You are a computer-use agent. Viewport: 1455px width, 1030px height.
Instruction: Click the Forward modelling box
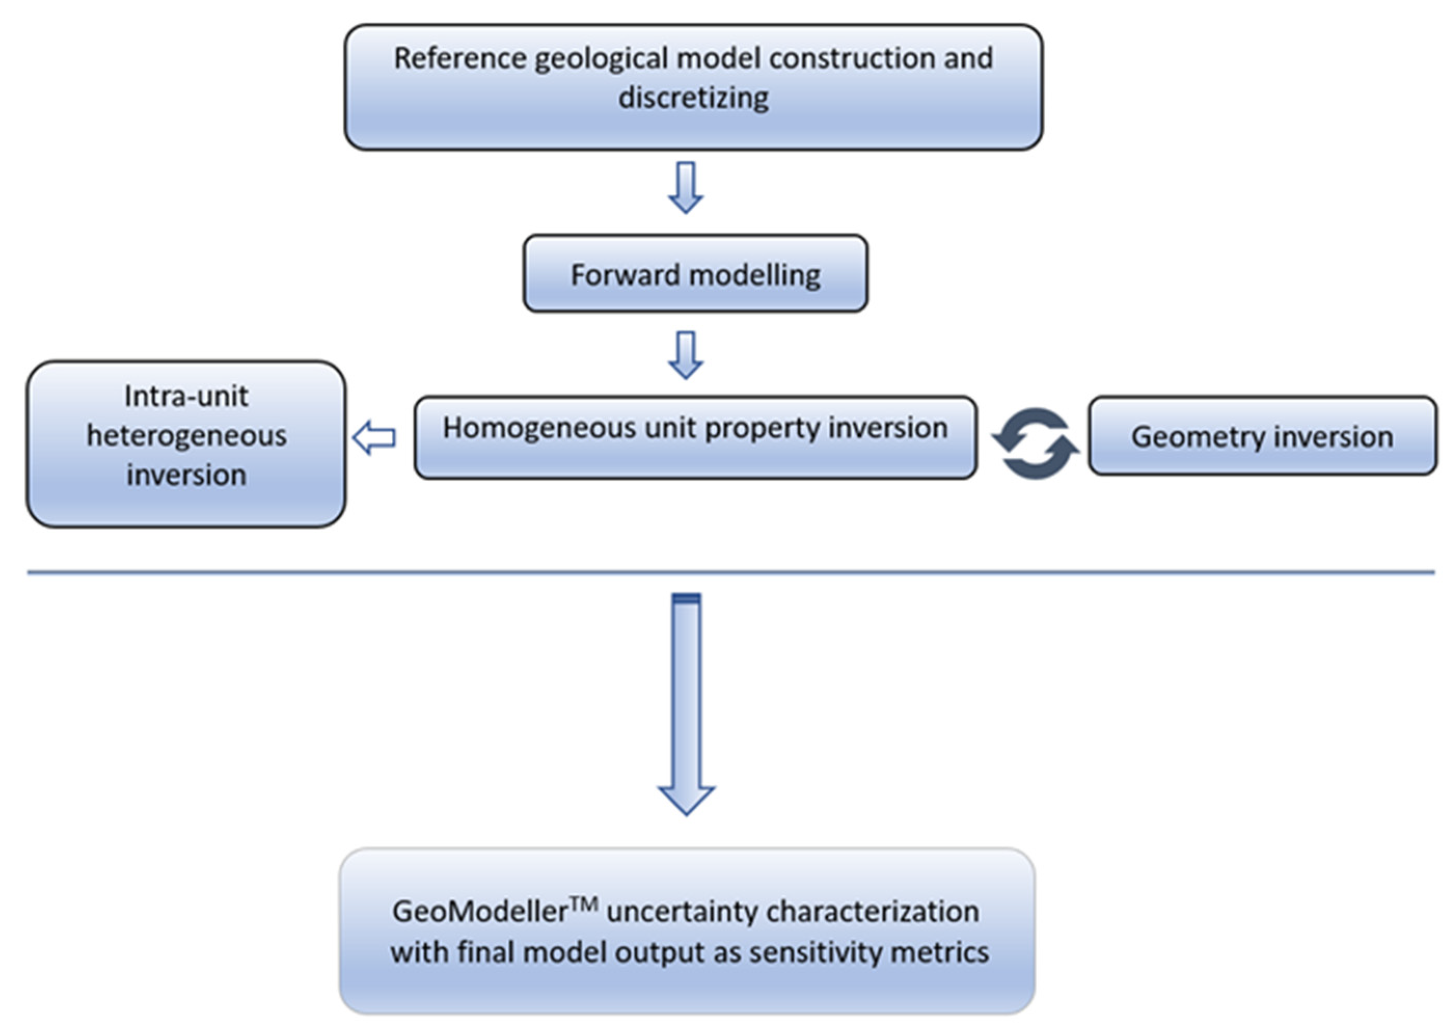point(695,274)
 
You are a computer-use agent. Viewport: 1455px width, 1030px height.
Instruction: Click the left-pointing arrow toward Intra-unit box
point(374,438)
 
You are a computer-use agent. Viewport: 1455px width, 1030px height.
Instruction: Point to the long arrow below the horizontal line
point(686,704)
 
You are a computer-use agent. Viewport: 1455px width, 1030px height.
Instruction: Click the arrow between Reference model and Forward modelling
point(686,187)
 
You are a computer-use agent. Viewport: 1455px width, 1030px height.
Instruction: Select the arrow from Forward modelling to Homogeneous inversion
point(686,355)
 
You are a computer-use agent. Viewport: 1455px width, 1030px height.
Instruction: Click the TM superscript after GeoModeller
point(584,903)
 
